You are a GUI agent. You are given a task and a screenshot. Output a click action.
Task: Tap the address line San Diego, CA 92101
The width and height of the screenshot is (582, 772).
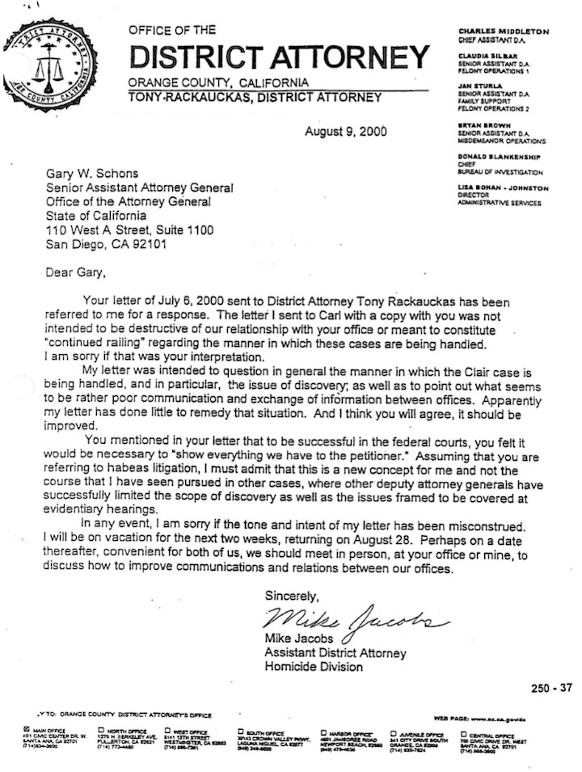(x=107, y=244)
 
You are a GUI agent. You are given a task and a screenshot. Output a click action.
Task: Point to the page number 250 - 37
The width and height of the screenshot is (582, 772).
(x=551, y=688)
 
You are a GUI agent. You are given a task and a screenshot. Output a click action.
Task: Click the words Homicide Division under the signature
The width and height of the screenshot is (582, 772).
(x=314, y=667)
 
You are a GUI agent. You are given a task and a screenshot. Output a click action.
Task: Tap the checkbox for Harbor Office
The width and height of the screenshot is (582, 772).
(x=323, y=728)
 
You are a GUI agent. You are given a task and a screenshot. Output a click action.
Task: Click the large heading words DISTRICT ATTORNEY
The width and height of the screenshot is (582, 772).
(x=279, y=58)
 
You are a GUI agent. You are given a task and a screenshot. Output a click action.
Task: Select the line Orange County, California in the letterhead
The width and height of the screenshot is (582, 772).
(x=217, y=82)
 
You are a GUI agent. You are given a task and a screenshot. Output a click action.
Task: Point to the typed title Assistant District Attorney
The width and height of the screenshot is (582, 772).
(x=335, y=653)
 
